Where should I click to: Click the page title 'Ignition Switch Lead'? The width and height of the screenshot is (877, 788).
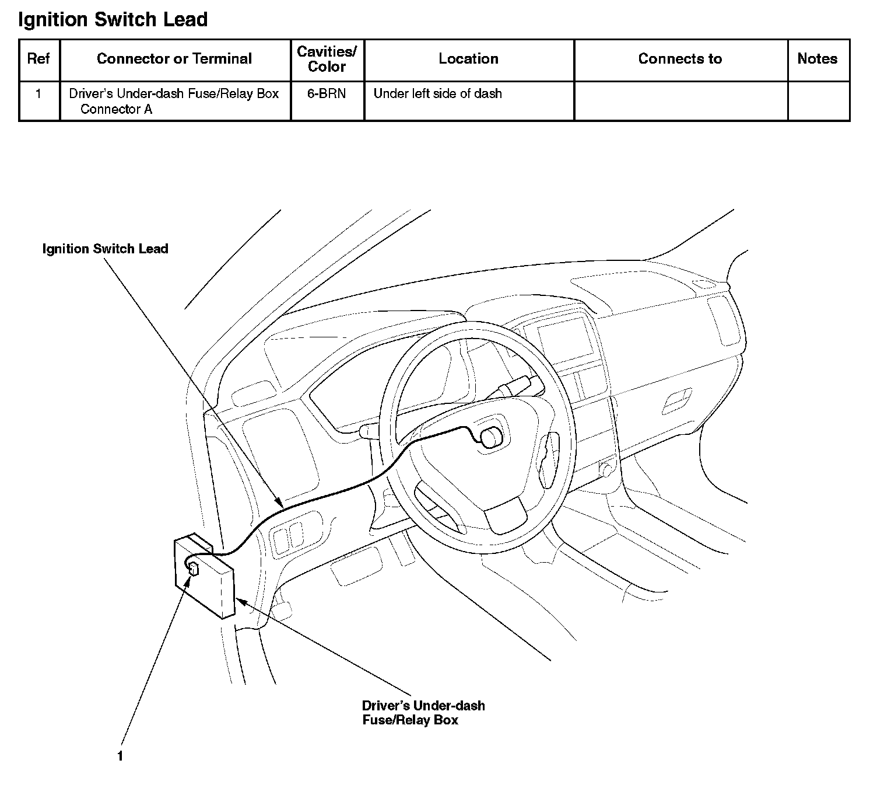[x=113, y=20]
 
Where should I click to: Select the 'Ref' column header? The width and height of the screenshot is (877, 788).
[x=38, y=59]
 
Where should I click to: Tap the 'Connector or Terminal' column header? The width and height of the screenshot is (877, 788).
[x=174, y=59]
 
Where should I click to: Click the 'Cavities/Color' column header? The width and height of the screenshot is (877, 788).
[x=327, y=59]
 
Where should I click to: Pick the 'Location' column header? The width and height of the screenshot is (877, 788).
[x=468, y=59]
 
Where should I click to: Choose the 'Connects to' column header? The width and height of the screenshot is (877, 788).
[x=680, y=59]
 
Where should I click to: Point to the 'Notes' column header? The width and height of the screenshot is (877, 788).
[x=817, y=59]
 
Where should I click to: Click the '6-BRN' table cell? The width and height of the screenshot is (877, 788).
[x=327, y=94]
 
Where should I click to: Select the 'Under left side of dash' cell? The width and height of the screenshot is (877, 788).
[x=437, y=94]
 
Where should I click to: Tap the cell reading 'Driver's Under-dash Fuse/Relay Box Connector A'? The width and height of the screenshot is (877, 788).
[x=174, y=101]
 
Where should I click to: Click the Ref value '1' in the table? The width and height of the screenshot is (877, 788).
[x=38, y=94]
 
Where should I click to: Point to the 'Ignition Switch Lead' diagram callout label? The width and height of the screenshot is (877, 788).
[x=105, y=249]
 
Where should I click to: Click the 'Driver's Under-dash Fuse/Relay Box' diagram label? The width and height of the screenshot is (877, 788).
[x=423, y=713]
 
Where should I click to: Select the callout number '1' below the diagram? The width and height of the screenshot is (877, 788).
[x=120, y=756]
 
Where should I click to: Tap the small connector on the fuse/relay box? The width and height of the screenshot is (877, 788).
[x=194, y=569]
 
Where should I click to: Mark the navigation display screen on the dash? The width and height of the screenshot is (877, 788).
[x=564, y=337]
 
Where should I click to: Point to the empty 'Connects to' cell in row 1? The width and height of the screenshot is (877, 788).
[x=680, y=101]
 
